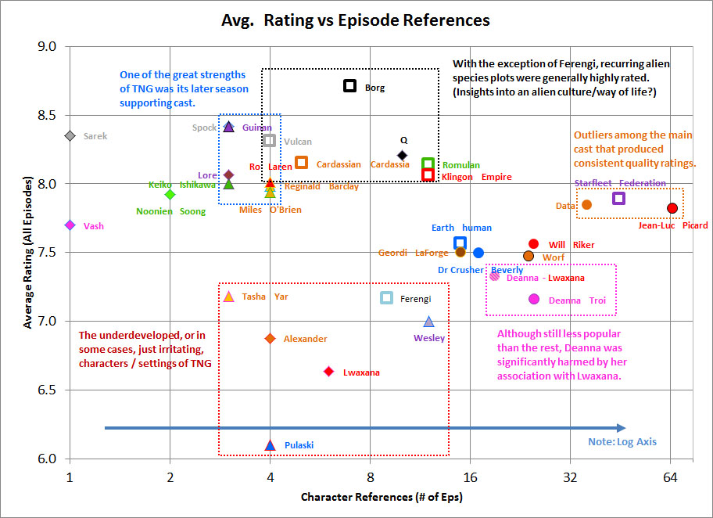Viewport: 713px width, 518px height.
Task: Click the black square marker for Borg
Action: coord(350,85)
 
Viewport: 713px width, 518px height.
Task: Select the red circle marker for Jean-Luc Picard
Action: coord(672,208)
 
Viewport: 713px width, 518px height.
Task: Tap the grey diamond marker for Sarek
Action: coord(70,136)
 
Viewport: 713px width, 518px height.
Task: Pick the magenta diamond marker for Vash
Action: coord(70,225)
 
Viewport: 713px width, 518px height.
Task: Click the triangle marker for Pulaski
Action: coord(270,445)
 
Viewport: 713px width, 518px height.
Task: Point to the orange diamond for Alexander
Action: coord(270,338)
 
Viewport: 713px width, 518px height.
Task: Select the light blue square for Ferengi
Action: coord(386,297)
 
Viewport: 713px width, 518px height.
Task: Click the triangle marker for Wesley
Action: coord(428,322)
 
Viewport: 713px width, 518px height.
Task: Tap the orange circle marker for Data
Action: coord(587,204)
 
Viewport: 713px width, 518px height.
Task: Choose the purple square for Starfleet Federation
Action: coord(618,198)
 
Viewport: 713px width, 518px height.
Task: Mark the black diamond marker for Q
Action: coord(403,155)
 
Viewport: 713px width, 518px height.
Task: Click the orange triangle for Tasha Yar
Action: coord(229,297)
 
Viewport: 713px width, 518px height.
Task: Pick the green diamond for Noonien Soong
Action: coord(170,194)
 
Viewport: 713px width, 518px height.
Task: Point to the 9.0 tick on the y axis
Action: coord(48,47)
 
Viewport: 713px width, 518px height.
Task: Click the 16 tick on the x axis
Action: coord(470,475)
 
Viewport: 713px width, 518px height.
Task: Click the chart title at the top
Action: coord(356,20)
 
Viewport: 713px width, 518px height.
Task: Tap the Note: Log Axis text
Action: coord(622,442)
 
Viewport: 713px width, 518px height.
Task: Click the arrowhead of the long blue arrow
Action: coord(621,428)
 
